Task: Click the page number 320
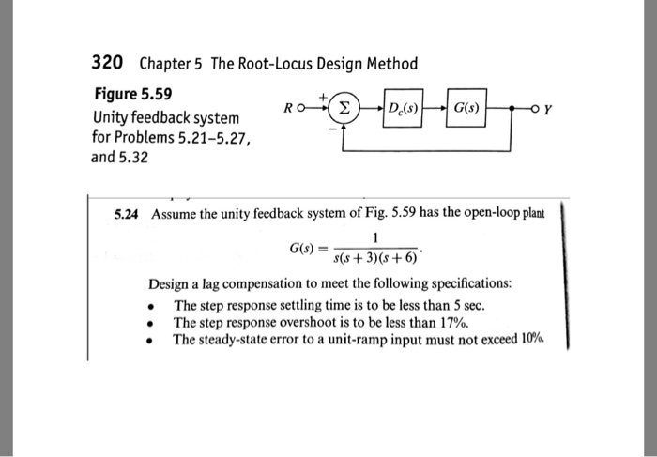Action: [107, 63]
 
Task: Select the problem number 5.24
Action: [126, 213]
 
